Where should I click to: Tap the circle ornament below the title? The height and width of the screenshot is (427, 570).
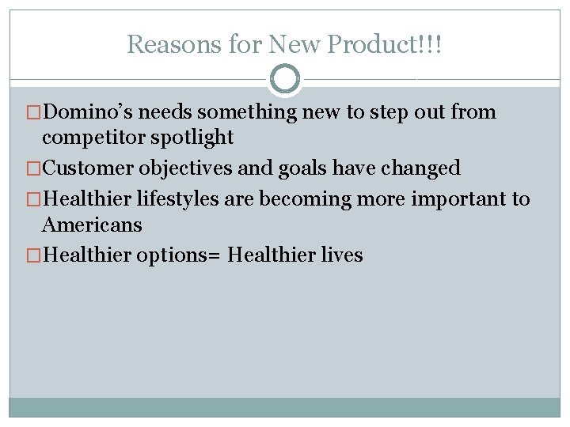[x=285, y=79]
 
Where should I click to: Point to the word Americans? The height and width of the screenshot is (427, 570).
[x=92, y=225]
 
